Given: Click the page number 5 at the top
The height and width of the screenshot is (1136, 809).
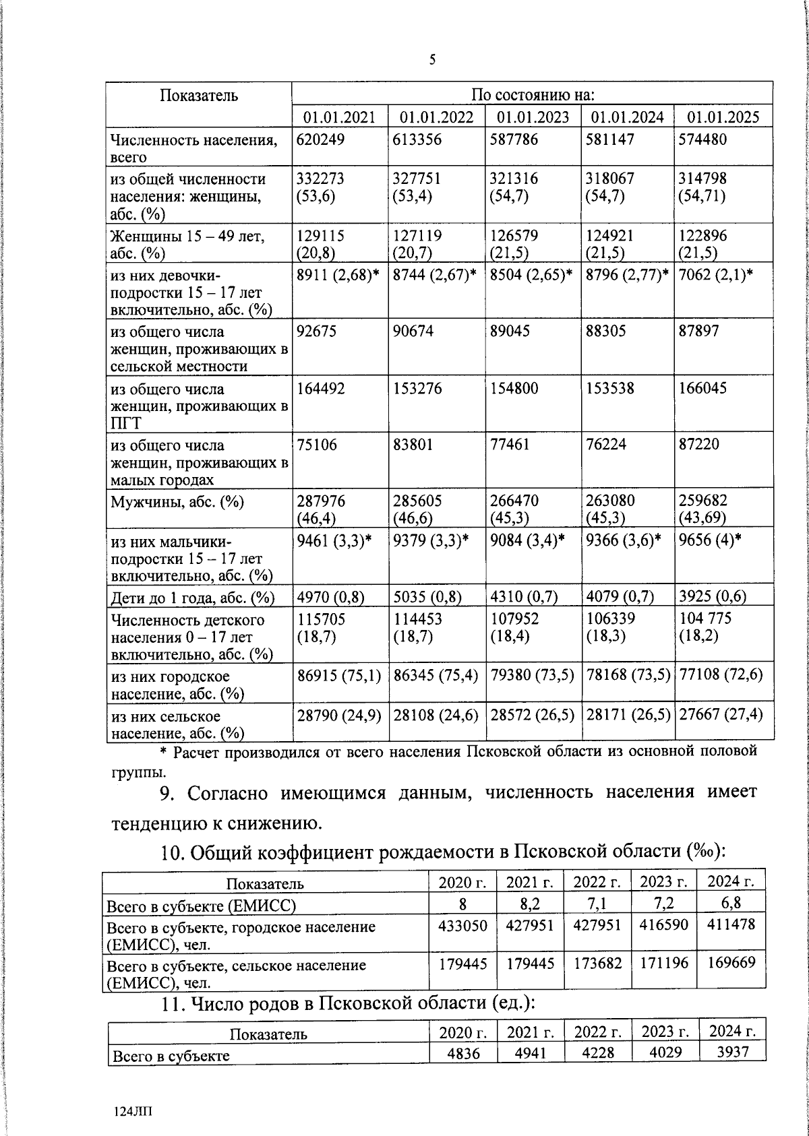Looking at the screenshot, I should pos(433,61).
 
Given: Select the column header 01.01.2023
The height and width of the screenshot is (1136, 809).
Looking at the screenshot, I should pos(533,117).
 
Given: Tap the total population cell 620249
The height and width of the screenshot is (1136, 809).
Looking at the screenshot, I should pos(320,140).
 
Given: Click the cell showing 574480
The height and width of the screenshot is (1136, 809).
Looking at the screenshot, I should pos(702,140).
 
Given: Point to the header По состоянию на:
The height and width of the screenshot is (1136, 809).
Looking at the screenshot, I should pos(532,94).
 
